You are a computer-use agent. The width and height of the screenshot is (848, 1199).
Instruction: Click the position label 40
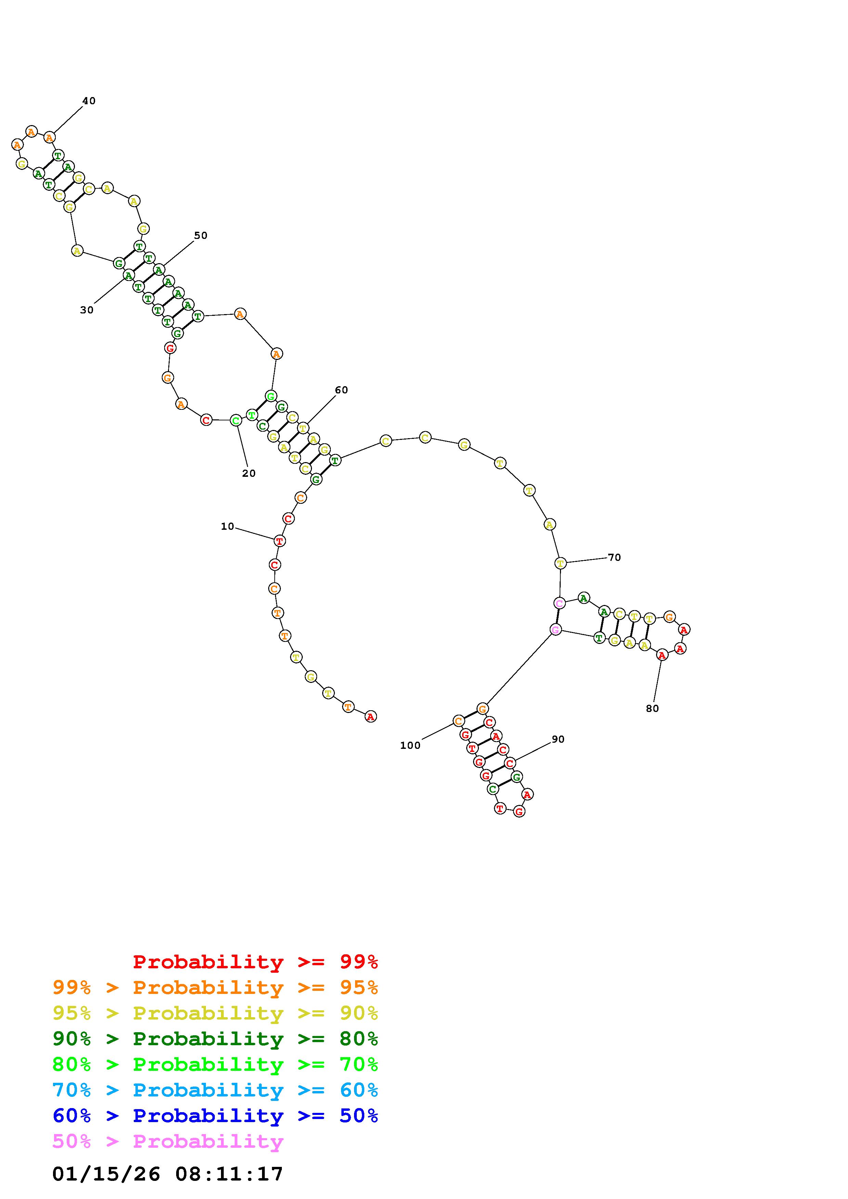click(x=89, y=101)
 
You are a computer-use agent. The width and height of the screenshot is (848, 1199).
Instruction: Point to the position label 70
click(x=614, y=557)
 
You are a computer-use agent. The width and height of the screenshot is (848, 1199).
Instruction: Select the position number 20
click(x=249, y=473)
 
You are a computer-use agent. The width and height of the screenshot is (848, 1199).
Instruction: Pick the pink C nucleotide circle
click(x=559, y=603)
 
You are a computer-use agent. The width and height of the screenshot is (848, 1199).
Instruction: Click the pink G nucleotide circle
click(x=556, y=630)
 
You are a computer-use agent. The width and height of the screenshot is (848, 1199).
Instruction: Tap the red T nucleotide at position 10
click(x=279, y=541)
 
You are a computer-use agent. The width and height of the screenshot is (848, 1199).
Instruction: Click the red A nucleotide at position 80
click(x=662, y=655)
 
